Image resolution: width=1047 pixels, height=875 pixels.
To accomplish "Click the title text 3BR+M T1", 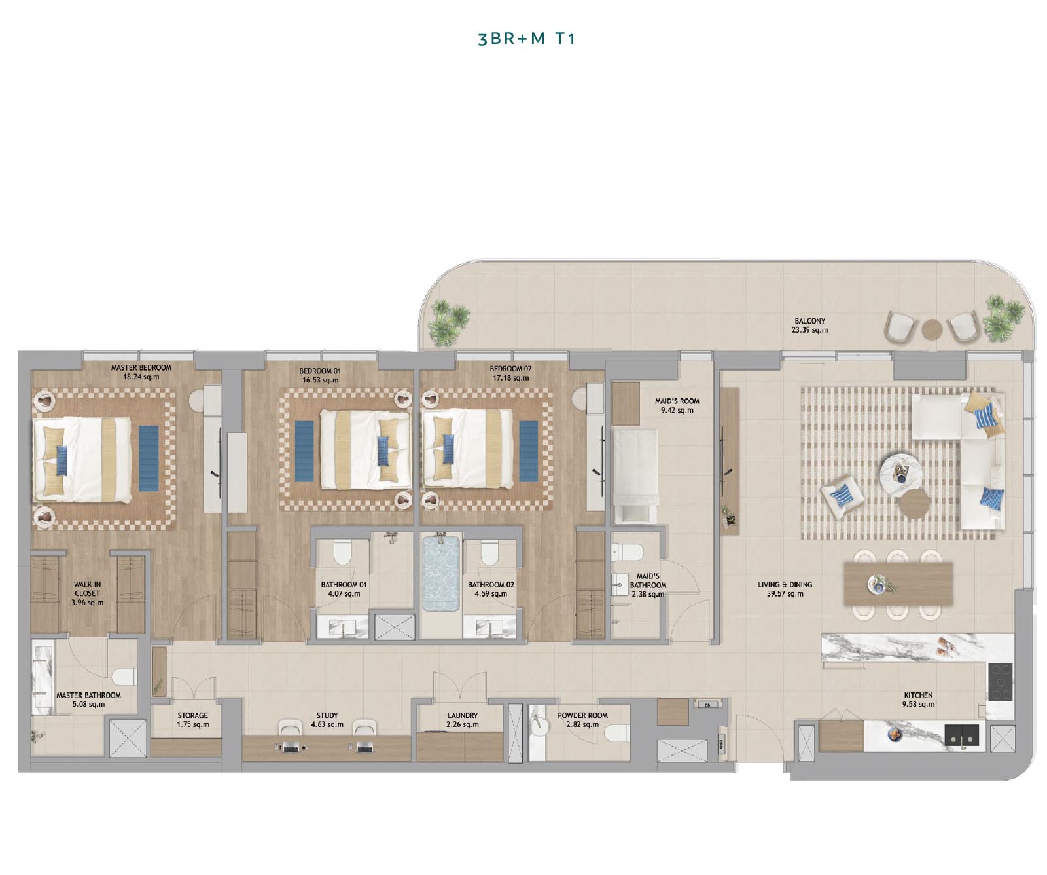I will pos(526,39).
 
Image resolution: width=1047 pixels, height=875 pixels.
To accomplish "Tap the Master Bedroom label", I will pos(141,368).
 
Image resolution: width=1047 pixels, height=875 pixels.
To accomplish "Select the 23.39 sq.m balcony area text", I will pos(809,330).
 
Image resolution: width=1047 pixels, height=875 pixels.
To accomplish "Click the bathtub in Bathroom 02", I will pos(441,573).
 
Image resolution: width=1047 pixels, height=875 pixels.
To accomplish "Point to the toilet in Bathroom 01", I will pos(342,553).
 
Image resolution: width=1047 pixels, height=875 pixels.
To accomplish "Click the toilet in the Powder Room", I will pos(615,732).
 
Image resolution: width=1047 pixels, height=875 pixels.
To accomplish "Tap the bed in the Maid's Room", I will pos(634,475).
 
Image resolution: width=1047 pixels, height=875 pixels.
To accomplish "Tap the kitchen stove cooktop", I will pos(999,682).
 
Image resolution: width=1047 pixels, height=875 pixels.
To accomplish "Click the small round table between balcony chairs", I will pos(932,329).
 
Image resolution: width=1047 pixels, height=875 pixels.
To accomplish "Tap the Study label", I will pos(327,715).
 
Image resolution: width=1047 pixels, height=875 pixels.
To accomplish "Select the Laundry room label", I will pos(462,715).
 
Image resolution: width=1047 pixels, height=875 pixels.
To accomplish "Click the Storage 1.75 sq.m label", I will pos(192,720).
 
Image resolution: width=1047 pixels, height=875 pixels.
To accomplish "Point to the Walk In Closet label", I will pos(87,593).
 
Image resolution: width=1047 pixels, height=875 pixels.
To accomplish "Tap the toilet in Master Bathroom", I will pos(125,676).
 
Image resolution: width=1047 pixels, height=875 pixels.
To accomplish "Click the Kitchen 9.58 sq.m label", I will pos(918,699).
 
